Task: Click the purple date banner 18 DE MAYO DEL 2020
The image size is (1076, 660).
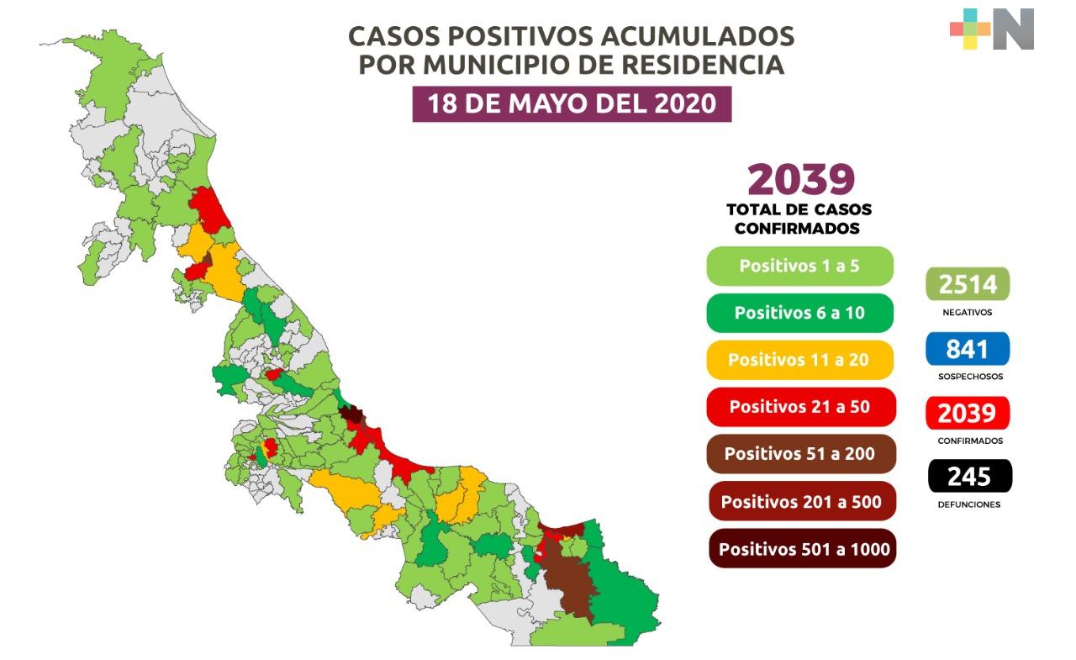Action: [x=572, y=103]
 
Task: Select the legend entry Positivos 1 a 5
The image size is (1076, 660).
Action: [x=799, y=266]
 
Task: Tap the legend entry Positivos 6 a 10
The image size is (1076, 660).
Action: [x=799, y=313]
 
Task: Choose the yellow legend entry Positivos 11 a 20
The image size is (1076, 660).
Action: [x=799, y=360]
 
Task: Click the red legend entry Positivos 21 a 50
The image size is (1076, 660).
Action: [x=799, y=407]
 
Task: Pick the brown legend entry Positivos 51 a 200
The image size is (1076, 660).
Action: [x=799, y=454]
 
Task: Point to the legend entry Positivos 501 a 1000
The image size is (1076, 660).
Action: [x=803, y=549]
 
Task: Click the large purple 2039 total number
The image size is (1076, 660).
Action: [x=800, y=179]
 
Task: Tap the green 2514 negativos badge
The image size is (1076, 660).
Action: [x=968, y=284]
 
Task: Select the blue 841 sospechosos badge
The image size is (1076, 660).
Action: [x=968, y=348]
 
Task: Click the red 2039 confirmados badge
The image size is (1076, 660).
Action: [x=968, y=413]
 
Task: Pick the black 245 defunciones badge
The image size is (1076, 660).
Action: [x=969, y=477]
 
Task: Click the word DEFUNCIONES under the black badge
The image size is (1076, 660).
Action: [x=968, y=504]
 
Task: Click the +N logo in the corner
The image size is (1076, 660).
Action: [x=992, y=29]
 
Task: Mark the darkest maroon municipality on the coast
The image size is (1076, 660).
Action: [x=351, y=414]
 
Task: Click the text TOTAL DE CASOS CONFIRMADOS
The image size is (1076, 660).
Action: [x=799, y=219]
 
